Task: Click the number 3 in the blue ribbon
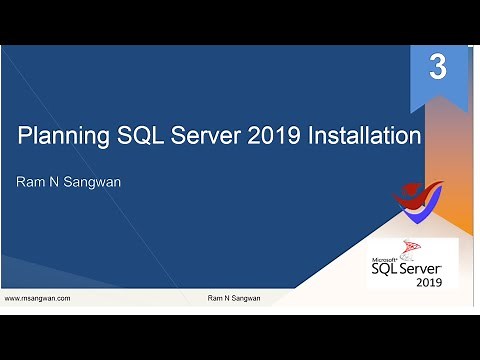(x=437, y=68)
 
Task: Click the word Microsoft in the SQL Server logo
(x=384, y=257)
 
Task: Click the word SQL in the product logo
(x=386, y=269)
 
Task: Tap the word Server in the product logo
(x=427, y=269)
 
